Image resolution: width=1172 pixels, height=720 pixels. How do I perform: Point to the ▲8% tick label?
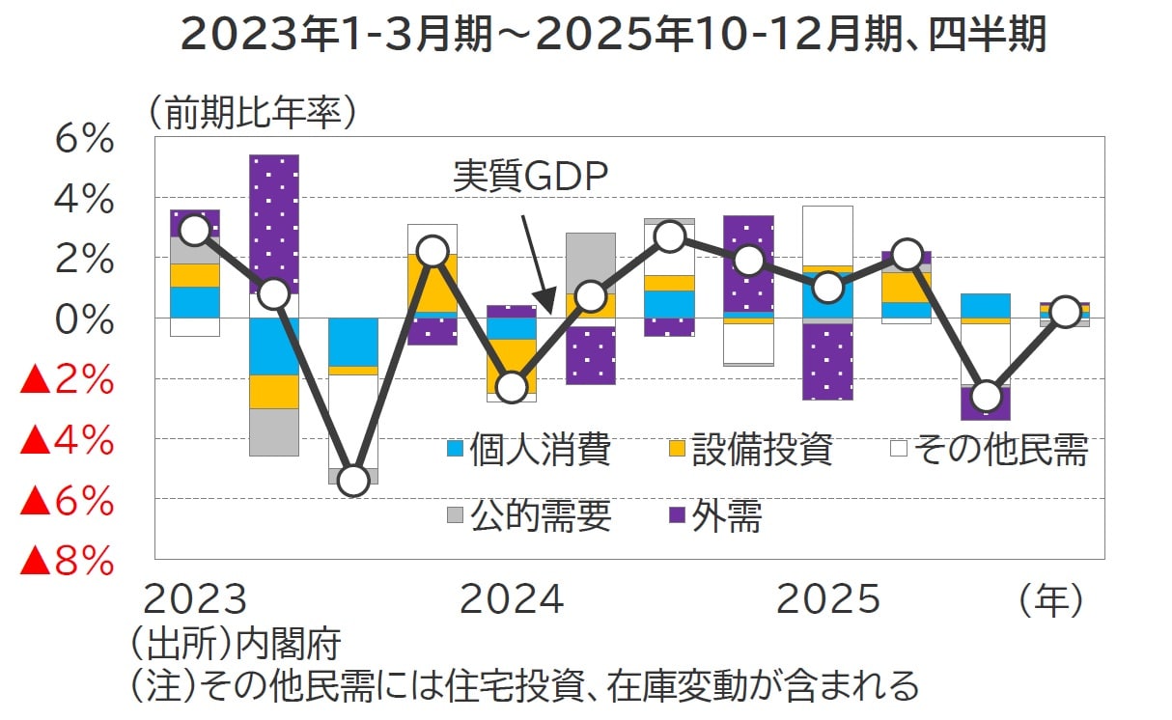tap(68, 561)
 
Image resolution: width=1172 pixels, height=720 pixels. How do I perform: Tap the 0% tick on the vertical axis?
tap(85, 319)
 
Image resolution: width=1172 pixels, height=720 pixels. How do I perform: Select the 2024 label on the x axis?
tap(512, 599)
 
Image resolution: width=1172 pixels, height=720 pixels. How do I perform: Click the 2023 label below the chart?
tap(195, 599)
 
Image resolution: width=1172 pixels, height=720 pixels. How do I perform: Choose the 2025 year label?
tap(828, 599)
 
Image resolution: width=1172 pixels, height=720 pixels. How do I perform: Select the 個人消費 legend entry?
tap(528, 450)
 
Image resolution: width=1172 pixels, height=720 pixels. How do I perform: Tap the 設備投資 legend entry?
tap(749, 450)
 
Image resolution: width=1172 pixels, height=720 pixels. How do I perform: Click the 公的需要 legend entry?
tap(528, 517)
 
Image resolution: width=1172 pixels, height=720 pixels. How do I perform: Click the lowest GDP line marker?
tap(354, 480)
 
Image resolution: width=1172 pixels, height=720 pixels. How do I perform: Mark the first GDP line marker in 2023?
tap(195, 230)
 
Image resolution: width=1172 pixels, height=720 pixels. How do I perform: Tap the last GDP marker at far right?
tap(1065, 312)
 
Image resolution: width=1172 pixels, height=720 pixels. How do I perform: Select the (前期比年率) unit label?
tap(253, 115)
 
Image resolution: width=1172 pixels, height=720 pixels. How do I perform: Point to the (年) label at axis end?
tap(1051, 599)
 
